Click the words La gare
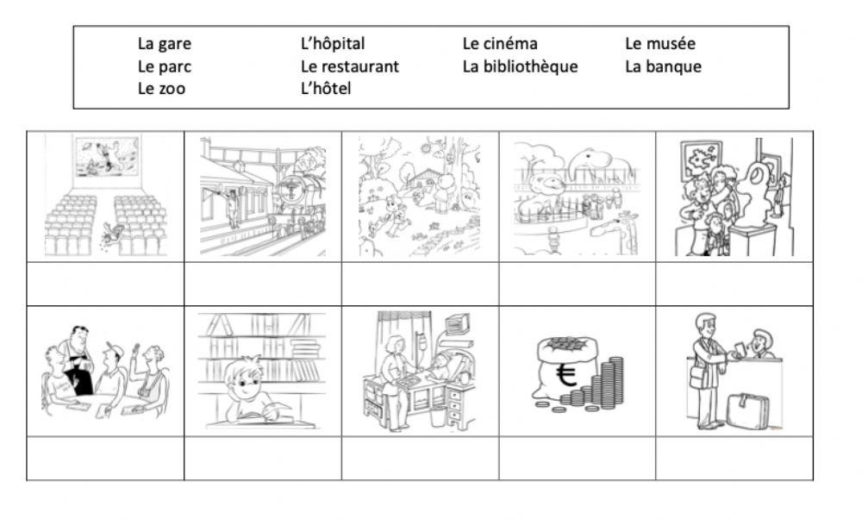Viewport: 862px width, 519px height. point(165,44)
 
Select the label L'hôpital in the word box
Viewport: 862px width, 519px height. point(333,44)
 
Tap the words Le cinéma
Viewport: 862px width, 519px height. point(500,43)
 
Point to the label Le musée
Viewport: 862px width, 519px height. point(660,43)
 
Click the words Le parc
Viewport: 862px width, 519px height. point(165,67)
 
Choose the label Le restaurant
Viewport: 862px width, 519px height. point(350,66)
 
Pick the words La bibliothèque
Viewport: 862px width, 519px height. point(520,66)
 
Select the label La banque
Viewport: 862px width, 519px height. point(663,67)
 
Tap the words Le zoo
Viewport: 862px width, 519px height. point(161,89)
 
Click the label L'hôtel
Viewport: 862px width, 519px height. point(326,88)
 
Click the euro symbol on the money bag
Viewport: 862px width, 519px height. point(565,376)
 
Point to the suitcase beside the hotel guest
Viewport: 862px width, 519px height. point(747,411)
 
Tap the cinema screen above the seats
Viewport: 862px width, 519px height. point(107,157)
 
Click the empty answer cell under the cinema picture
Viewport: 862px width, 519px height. point(105,284)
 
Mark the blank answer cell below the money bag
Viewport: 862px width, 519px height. point(578,459)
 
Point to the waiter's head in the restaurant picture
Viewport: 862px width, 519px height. point(78,336)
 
